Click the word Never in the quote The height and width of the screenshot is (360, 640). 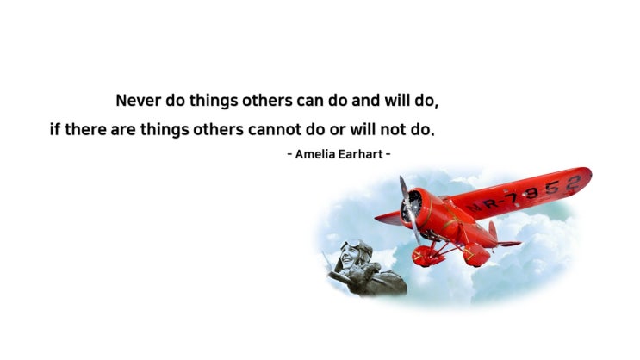point(139,101)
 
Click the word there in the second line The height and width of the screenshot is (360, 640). point(86,130)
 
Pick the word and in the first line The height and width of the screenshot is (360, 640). point(366,101)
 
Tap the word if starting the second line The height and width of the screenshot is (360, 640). point(55,130)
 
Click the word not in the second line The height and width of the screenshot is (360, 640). point(394,130)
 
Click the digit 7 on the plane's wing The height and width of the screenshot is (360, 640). point(512,199)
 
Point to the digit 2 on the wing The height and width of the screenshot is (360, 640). point(574,183)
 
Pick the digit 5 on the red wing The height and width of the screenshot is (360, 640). point(552,188)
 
